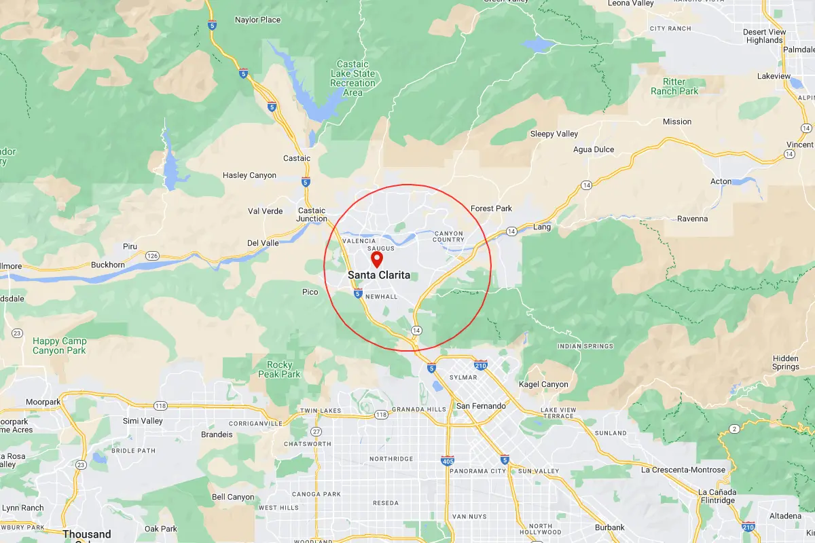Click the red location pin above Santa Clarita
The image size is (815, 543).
click(x=376, y=259)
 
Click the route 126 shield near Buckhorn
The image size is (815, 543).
click(x=151, y=256)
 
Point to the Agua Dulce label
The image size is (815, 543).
click(x=594, y=149)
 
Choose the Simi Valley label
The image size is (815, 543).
click(x=143, y=421)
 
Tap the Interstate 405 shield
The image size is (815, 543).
click(x=447, y=460)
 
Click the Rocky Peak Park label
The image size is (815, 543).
click(x=279, y=369)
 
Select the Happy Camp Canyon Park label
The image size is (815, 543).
click(x=59, y=345)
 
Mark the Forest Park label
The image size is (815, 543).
click(x=491, y=208)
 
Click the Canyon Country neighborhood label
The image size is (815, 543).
click(x=448, y=236)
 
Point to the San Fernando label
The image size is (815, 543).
click(x=481, y=406)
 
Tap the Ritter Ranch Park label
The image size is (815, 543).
click(x=674, y=86)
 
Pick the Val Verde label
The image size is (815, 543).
click(x=265, y=211)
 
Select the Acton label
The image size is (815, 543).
click(x=721, y=181)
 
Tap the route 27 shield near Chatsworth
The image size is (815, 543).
click(x=316, y=432)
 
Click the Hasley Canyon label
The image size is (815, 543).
click(x=249, y=175)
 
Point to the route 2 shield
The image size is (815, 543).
click(x=733, y=428)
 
